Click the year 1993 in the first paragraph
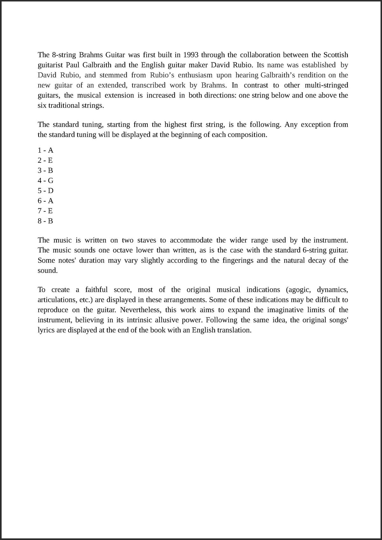(x=191, y=55)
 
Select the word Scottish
(x=336, y=55)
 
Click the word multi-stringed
(x=326, y=85)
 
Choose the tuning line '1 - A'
(x=46, y=150)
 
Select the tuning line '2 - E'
(x=45, y=160)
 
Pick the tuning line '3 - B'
(x=45, y=170)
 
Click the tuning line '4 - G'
(x=46, y=181)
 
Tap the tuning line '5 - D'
(x=46, y=191)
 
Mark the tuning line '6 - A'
(x=46, y=201)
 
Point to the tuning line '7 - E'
(x=45, y=211)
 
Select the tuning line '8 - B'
(x=45, y=221)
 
